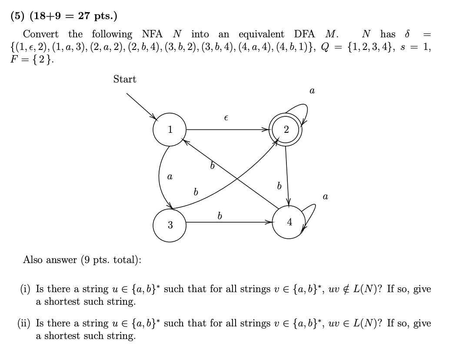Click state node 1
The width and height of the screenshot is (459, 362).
click(170, 129)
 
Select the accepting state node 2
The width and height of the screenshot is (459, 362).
click(286, 129)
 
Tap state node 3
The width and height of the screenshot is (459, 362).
click(170, 225)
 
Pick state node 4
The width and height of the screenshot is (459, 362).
click(289, 222)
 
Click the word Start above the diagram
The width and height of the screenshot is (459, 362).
click(125, 79)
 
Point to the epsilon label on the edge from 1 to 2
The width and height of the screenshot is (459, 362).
click(226, 118)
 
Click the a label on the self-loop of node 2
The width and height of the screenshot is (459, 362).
click(312, 91)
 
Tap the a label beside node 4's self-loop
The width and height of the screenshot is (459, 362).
click(325, 197)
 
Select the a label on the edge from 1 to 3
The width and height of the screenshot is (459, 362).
click(170, 177)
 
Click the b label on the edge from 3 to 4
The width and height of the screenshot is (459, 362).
click(220, 215)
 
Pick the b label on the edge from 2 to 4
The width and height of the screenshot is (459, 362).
click(279, 186)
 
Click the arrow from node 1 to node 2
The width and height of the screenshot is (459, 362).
click(226, 129)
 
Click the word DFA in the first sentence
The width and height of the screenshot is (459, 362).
click(305, 34)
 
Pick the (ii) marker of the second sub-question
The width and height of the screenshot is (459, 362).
click(24, 323)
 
